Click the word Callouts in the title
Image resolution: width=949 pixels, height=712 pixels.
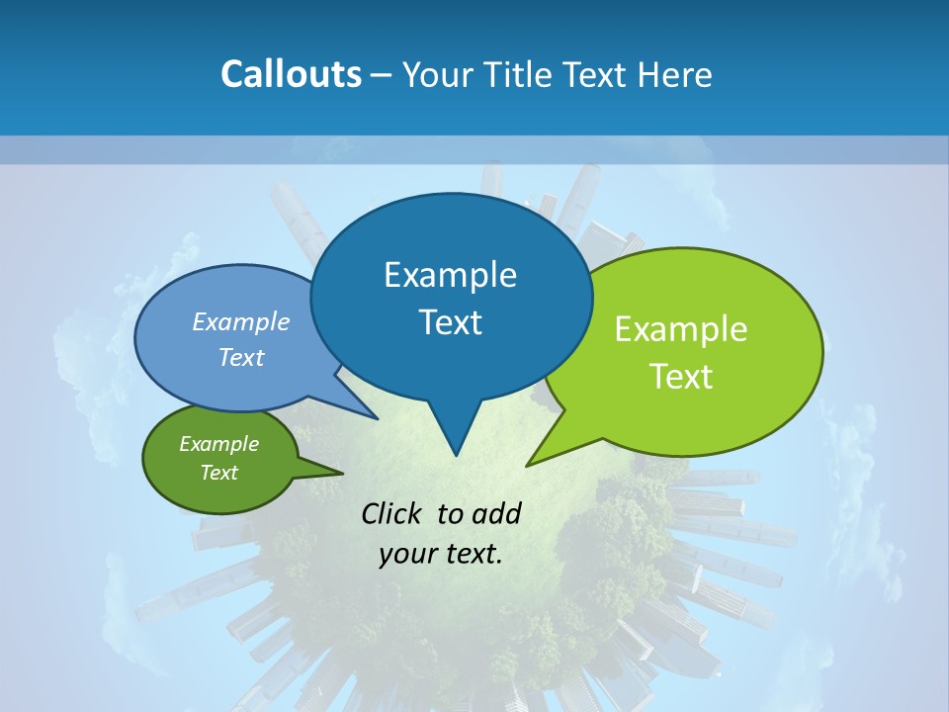(291, 74)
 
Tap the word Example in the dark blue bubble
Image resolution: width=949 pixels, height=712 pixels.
(450, 275)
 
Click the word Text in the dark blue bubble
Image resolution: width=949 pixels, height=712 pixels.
(450, 322)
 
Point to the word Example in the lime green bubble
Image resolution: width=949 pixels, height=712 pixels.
(681, 329)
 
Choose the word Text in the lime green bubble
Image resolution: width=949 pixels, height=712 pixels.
(681, 377)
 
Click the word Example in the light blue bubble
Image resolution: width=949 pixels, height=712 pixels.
(241, 321)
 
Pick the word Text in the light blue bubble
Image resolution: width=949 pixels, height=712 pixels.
(241, 357)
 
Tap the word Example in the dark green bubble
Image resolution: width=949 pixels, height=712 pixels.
(219, 444)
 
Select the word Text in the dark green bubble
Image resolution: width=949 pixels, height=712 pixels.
(219, 473)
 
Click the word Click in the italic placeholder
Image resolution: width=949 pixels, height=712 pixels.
(391, 513)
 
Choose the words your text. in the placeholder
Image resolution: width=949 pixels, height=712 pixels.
(441, 554)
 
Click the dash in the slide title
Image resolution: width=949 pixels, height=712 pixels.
(383, 74)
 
